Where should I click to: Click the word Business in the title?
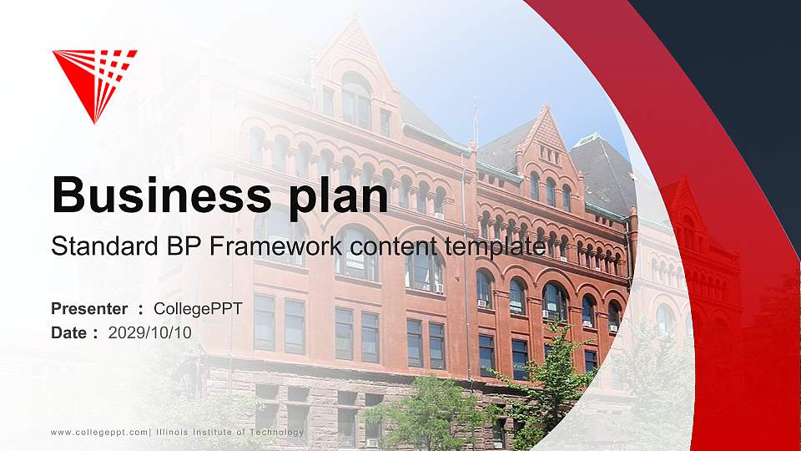click(x=154, y=195)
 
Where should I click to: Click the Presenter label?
click(x=89, y=309)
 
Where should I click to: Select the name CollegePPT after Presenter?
click(x=204, y=309)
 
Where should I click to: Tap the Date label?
click(x=69, y=332)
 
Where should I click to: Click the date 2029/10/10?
click(x=150, y=332)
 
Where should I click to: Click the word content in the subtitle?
click(x=383, y=247)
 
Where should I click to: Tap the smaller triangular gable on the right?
click(x=545, y=129)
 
